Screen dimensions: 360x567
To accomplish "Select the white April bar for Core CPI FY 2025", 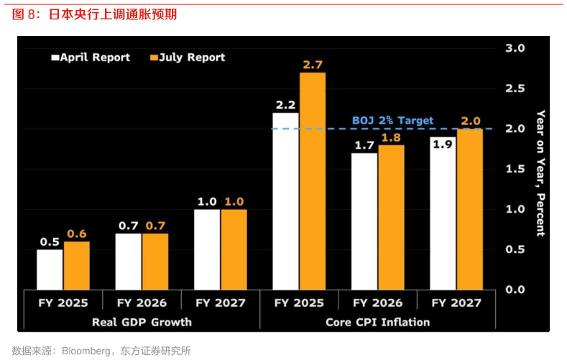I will click(286, 201).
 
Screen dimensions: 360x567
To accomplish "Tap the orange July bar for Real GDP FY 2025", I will click(76, 265).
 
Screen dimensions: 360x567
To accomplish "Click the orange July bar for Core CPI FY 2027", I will click(470, 209).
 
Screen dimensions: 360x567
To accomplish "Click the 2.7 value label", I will click(313, 65).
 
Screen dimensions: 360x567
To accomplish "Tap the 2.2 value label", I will click(285, 105).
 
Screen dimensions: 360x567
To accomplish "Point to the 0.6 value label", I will click(77, 234).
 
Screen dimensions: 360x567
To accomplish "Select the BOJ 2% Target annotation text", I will click(392, 121).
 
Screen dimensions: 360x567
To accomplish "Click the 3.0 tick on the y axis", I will click(516, 48).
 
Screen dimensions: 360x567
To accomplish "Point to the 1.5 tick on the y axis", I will click(516, 169).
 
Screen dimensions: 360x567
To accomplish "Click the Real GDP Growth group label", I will click(142, 322).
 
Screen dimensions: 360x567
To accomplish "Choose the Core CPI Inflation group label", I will click(377, 322).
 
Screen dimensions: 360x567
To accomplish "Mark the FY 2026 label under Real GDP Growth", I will click(142, 303).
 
